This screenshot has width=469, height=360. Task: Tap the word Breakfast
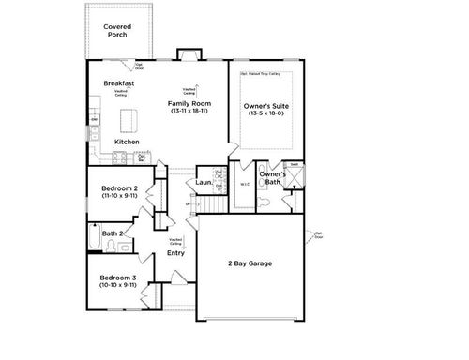[x=119, y=83]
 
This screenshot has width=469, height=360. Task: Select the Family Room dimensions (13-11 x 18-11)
[x=189, y=111]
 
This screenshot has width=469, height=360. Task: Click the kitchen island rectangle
[x=129, y=120]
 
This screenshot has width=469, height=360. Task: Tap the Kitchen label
[x=127, y=142]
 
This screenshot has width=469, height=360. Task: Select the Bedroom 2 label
[x=120, y=188]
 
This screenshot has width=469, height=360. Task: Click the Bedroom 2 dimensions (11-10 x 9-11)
[x=120, y=197]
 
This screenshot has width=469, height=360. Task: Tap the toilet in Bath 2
[x=112, y=247]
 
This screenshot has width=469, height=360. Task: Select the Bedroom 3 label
[x=119, y=278]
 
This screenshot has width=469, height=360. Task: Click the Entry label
[x=175, y=253]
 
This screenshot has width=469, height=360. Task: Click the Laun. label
[x=204, y=182]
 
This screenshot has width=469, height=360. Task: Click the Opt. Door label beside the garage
[x=319, y=234]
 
